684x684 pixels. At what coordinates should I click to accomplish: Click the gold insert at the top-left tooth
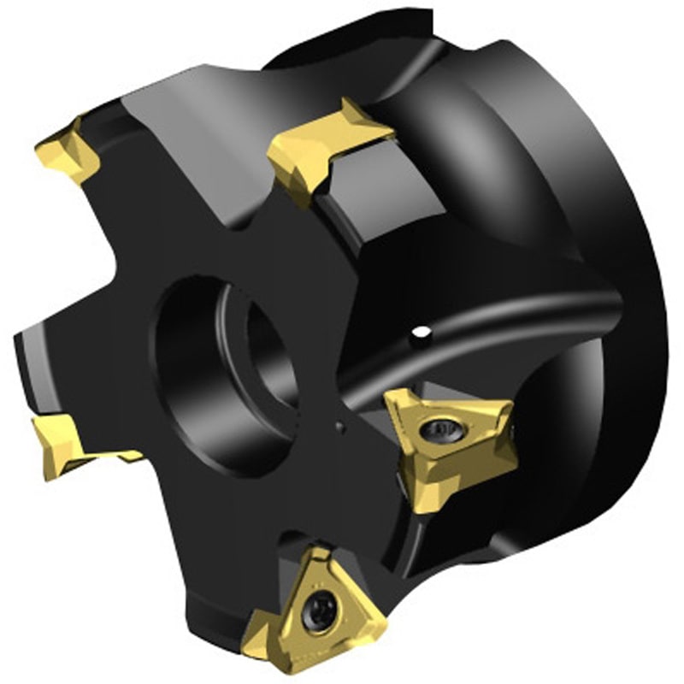point(68,154)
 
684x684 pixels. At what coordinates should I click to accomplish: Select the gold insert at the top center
point(329,142)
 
